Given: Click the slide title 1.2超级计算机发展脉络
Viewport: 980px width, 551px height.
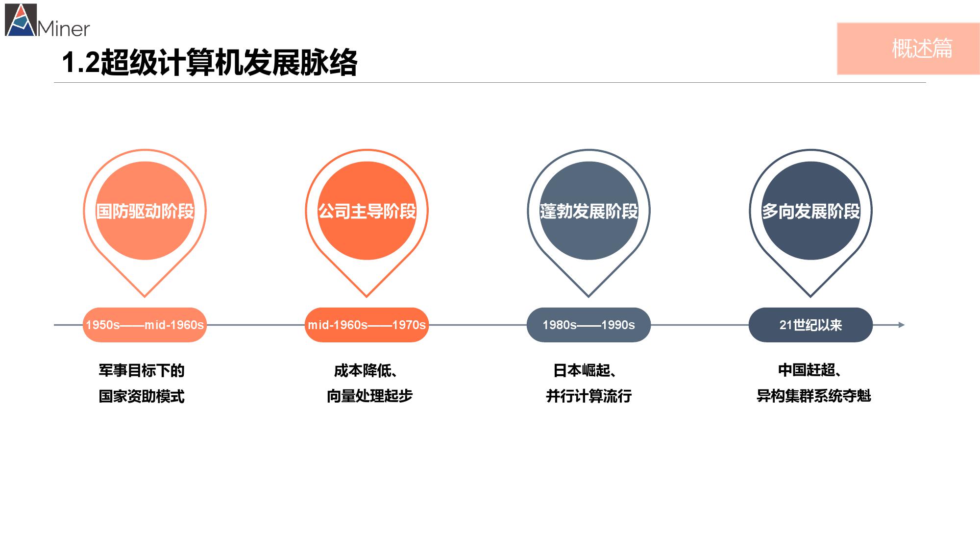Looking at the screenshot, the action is point(210,63).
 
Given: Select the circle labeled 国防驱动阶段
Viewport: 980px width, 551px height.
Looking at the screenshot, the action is point(145,211).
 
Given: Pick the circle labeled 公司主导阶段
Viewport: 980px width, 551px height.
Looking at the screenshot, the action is point(367,211).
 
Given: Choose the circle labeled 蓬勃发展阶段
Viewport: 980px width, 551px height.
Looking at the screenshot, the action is point(589,211).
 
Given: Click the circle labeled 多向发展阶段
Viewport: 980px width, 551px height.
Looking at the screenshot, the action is point(810,211).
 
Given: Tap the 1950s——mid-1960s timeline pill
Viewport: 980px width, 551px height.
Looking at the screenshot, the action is point(145,325).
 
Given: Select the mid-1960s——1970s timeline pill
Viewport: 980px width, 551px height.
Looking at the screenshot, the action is point(367,325).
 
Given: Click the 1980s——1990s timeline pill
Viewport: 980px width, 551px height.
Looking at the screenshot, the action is point(588,325).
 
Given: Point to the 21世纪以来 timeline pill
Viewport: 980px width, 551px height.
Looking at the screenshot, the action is point(810,325).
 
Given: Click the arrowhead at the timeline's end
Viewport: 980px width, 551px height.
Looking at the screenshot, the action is point(901,325).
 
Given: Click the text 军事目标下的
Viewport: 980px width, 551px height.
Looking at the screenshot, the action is point(142,370).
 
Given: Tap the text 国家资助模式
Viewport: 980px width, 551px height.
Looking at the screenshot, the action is point(142,396).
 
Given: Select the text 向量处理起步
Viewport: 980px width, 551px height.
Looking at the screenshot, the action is point(370,396).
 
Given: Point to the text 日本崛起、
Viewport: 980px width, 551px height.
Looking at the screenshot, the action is point(585,370).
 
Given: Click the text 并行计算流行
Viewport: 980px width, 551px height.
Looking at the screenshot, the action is point(589,396).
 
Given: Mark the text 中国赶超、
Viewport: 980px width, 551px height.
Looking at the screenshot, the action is point(810,370).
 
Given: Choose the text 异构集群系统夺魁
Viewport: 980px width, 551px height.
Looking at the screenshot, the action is point(814,396).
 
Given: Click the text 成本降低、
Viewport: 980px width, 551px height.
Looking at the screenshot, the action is point(366,370).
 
